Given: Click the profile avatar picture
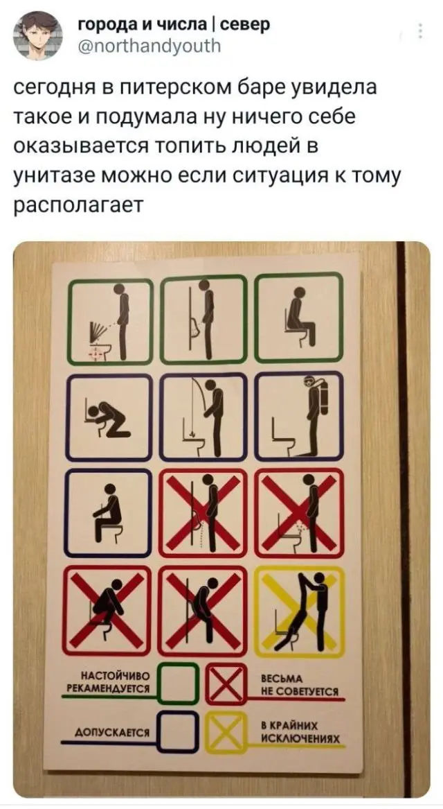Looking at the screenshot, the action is pyautogui.click(x=37, y=37).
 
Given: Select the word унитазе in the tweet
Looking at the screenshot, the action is pyautogui.click(x=65, y=179).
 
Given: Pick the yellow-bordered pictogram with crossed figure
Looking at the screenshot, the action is pyautogui.click(x=301, y=611).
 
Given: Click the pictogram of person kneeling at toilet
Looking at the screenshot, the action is pyautogui.click(x=109, y=418).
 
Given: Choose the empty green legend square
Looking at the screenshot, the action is pyautogui.click(x=177, y=683).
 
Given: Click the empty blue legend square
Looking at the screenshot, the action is pyautogui.click(x=177, y=732).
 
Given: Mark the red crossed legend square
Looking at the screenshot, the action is pyautogui.click(x=225, y=684).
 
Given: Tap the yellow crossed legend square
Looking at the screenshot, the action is pyautogui.click(x=225, y=731).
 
